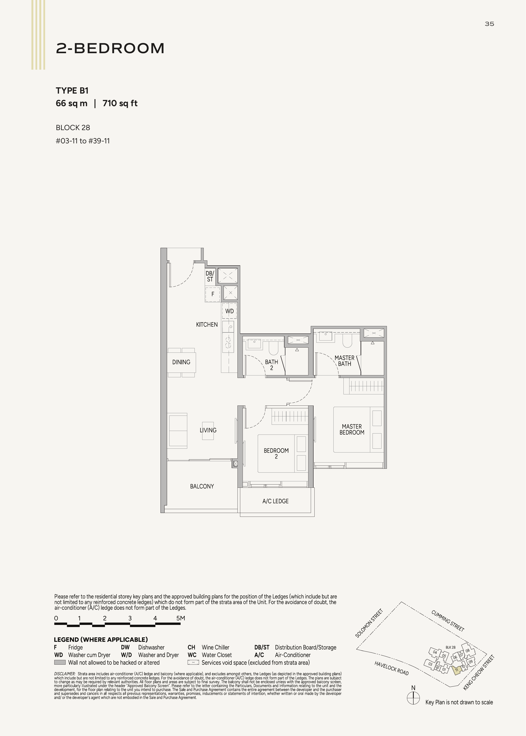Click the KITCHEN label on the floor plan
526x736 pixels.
[x=207, y=324]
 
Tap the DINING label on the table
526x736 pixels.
[x=181, y=362]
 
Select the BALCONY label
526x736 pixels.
[x=202, y=486]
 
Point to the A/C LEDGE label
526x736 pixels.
[x=275, y=501]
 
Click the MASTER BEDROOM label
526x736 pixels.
[x=352, y=429]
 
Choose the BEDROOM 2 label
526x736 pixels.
[x=276, y=453]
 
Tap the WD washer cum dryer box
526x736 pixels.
[x=229, y=311]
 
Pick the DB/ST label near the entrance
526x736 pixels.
[x=210, y=276]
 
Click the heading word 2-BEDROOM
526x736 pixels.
[x=110, y=48]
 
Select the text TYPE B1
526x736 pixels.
[x=72, y=91]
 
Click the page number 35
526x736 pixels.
[x=489, y=24]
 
